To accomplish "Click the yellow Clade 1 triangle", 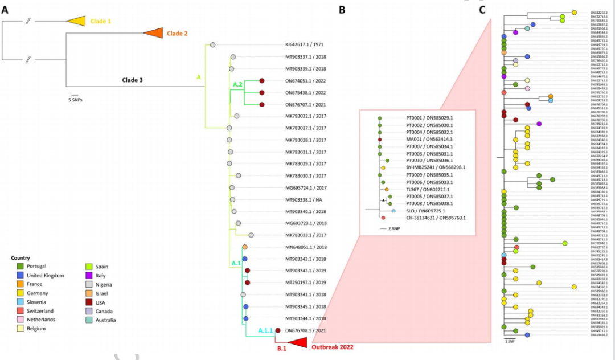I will coord(76,21).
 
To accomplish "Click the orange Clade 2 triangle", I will coord(153,34).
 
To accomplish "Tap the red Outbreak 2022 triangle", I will coord(297,341).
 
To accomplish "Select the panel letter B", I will coord(342,9).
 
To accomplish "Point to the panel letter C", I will coord(482,9).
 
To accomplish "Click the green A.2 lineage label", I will coord(238,85).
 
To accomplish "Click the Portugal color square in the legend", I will coord(20,267).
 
